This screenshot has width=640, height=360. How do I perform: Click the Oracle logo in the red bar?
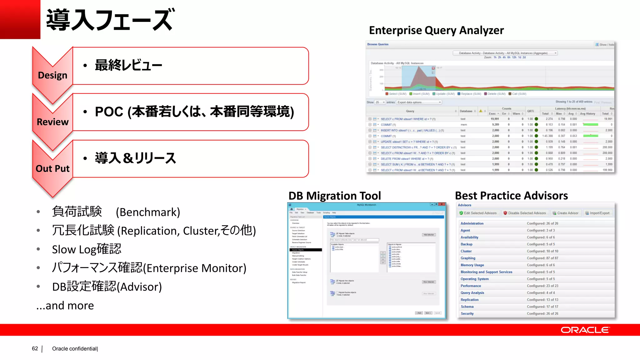585,330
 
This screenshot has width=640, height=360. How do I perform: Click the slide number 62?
35,348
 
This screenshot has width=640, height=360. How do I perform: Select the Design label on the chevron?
52,75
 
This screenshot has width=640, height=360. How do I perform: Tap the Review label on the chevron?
52,122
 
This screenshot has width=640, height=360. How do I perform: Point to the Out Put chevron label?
52,168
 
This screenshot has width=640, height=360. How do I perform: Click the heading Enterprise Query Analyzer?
436,30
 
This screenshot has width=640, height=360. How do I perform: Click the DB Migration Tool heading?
335,196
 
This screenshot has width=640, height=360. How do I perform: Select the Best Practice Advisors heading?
511,196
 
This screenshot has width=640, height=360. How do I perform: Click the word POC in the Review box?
109,112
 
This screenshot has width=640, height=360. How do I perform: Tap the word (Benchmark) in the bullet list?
148,212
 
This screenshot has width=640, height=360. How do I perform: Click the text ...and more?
65,305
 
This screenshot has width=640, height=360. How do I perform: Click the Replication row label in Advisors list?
469,300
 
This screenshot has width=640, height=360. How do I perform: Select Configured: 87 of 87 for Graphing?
542,258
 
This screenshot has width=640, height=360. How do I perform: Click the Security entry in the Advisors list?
467,313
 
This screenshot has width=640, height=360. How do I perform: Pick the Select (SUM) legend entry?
396,94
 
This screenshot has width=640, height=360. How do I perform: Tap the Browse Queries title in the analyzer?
378,44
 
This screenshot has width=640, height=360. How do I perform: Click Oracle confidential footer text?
75,348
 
